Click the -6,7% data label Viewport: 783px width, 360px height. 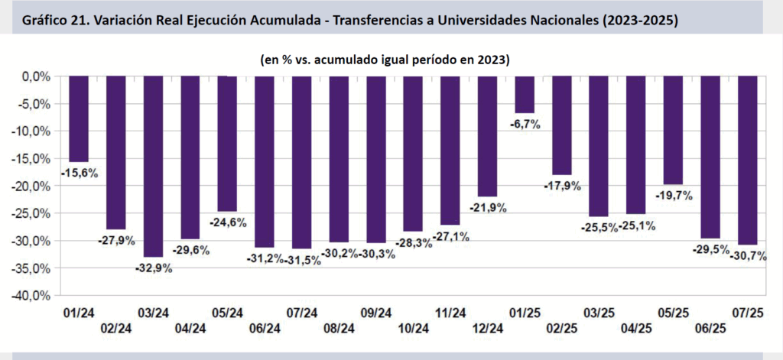coord(525,124)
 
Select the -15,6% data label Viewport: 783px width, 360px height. coord(80,174)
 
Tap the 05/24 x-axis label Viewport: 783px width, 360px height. coord(227,313)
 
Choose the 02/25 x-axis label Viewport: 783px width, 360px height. coord(562,328)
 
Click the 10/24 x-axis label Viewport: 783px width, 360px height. coord(413,328)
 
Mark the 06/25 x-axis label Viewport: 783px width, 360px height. coord(710,328)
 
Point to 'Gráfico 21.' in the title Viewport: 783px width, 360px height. coord(58,21)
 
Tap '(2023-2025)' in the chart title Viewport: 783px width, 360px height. coord(638,21)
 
